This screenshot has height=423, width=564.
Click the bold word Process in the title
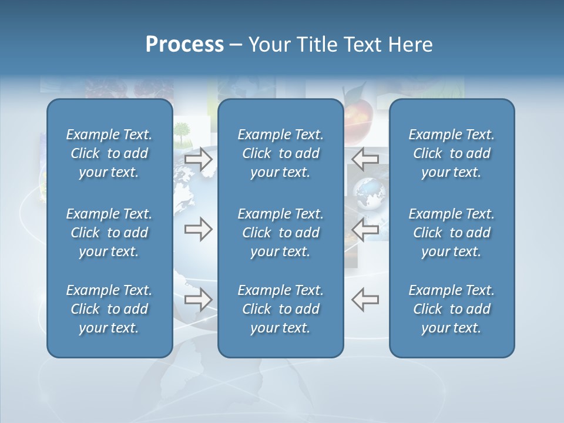point(184,45)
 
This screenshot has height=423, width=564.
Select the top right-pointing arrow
point(199,159)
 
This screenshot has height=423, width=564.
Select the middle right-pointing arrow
point(199,230)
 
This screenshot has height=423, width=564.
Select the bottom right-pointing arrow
point(199,300)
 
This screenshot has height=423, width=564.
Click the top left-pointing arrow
point(365,158)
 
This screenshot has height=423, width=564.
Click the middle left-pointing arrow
point(365,230)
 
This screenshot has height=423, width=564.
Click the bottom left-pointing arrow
point(365,299)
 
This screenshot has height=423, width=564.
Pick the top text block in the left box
point(109,153)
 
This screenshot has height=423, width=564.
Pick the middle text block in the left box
point(109,233)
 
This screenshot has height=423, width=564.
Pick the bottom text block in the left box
point(109,309)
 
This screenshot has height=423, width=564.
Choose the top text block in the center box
point(280,153)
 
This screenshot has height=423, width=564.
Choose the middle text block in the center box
point(280,233)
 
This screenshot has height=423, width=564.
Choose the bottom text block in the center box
point(280,309)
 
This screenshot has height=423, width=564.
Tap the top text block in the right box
point(451,153)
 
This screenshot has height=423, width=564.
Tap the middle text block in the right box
point(451,233)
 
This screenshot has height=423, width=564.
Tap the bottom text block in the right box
point(451,309)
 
